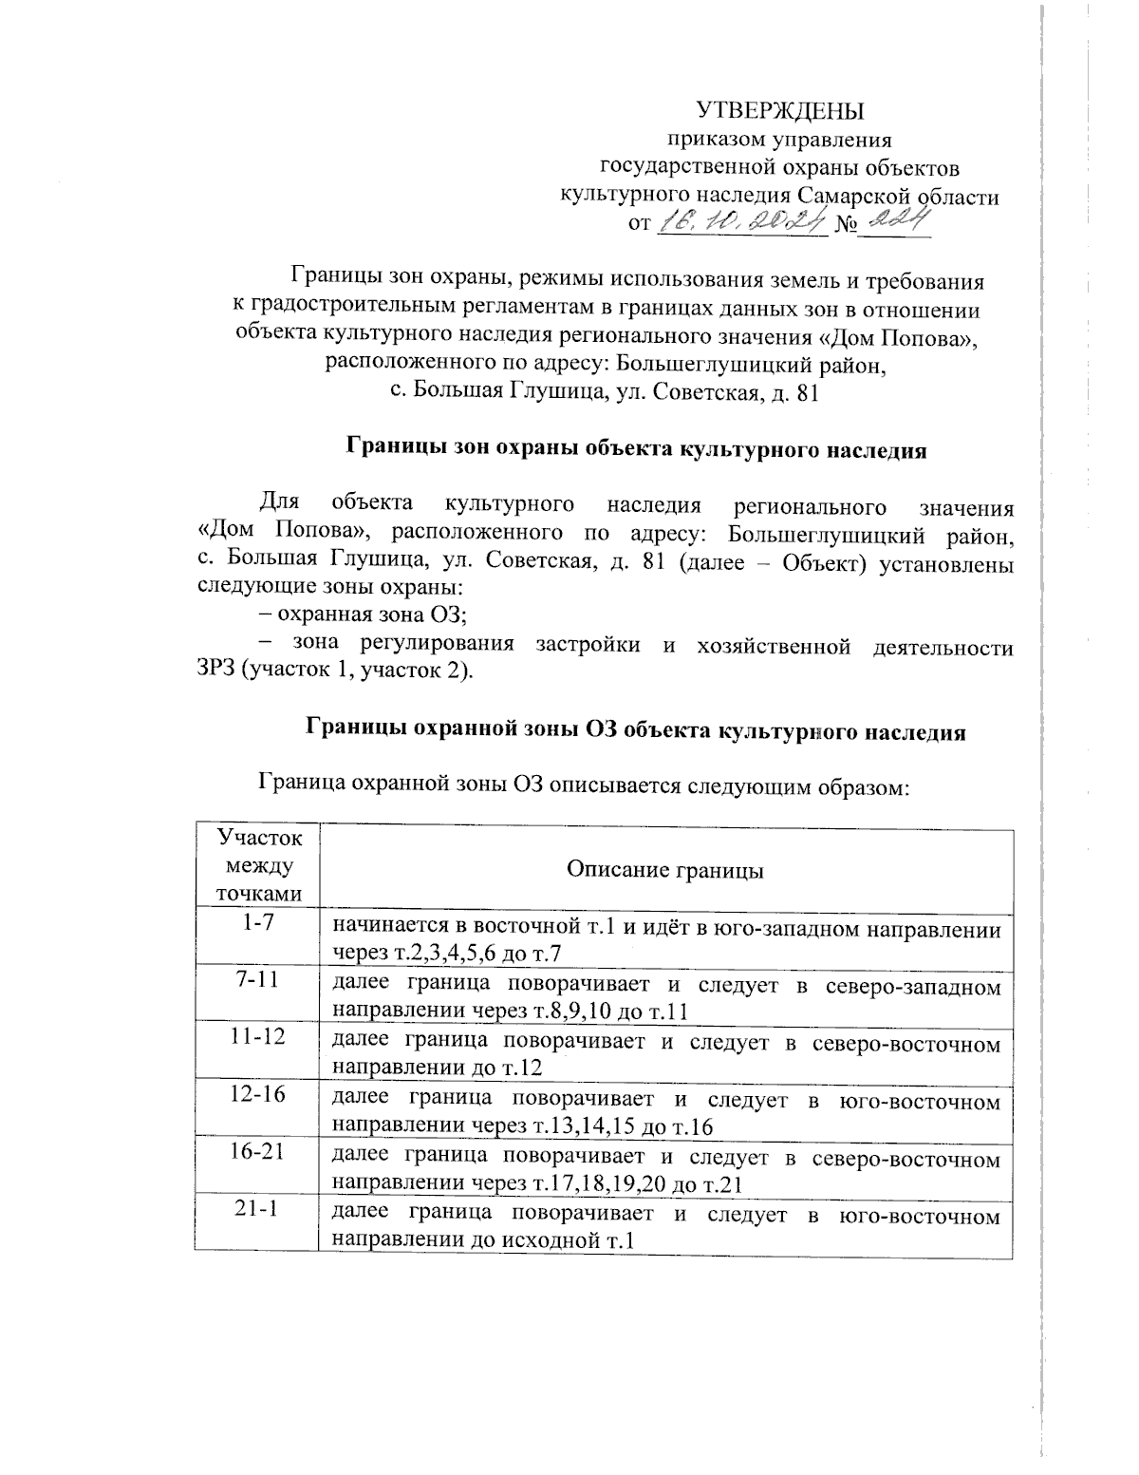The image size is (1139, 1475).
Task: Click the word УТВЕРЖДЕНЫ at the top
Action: (x=780, y=109)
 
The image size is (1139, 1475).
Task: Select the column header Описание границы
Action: (x=664, y=870)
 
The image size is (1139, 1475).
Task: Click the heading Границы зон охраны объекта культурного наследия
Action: (x=635, y=449)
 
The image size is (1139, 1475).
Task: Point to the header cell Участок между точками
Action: (x=256, y=865)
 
